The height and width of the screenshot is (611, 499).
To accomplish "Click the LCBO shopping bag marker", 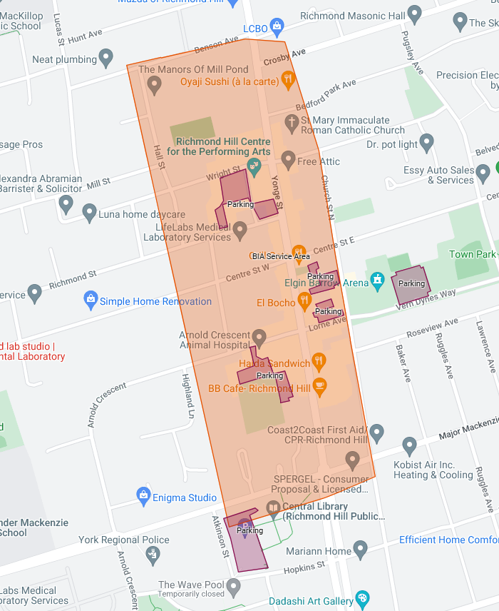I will click(x=277, y=27).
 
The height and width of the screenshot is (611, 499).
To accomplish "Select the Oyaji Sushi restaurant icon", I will click(x=288, y=79).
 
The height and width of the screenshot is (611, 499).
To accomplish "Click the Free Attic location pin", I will click(x=288, y=158).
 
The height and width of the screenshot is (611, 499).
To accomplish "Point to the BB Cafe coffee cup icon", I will click(x=319, y=385).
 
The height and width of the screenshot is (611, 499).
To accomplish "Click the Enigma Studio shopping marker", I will click(x=143, y=495).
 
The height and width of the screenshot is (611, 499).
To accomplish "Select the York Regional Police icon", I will click(x=152, y=553).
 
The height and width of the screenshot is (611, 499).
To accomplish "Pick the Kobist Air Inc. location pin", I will click(x=409, y=447).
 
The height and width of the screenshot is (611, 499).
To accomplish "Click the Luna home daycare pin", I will click(x=89, y=211).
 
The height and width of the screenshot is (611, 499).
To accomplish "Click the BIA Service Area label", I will click(x=281, y=256).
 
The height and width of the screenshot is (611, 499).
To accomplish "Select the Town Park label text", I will click(x=471, y=255).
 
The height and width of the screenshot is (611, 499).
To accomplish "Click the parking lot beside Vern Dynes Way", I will click(x=410, y=283).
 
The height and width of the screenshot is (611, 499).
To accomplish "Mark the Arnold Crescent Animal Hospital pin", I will click(x=259, y=337).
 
